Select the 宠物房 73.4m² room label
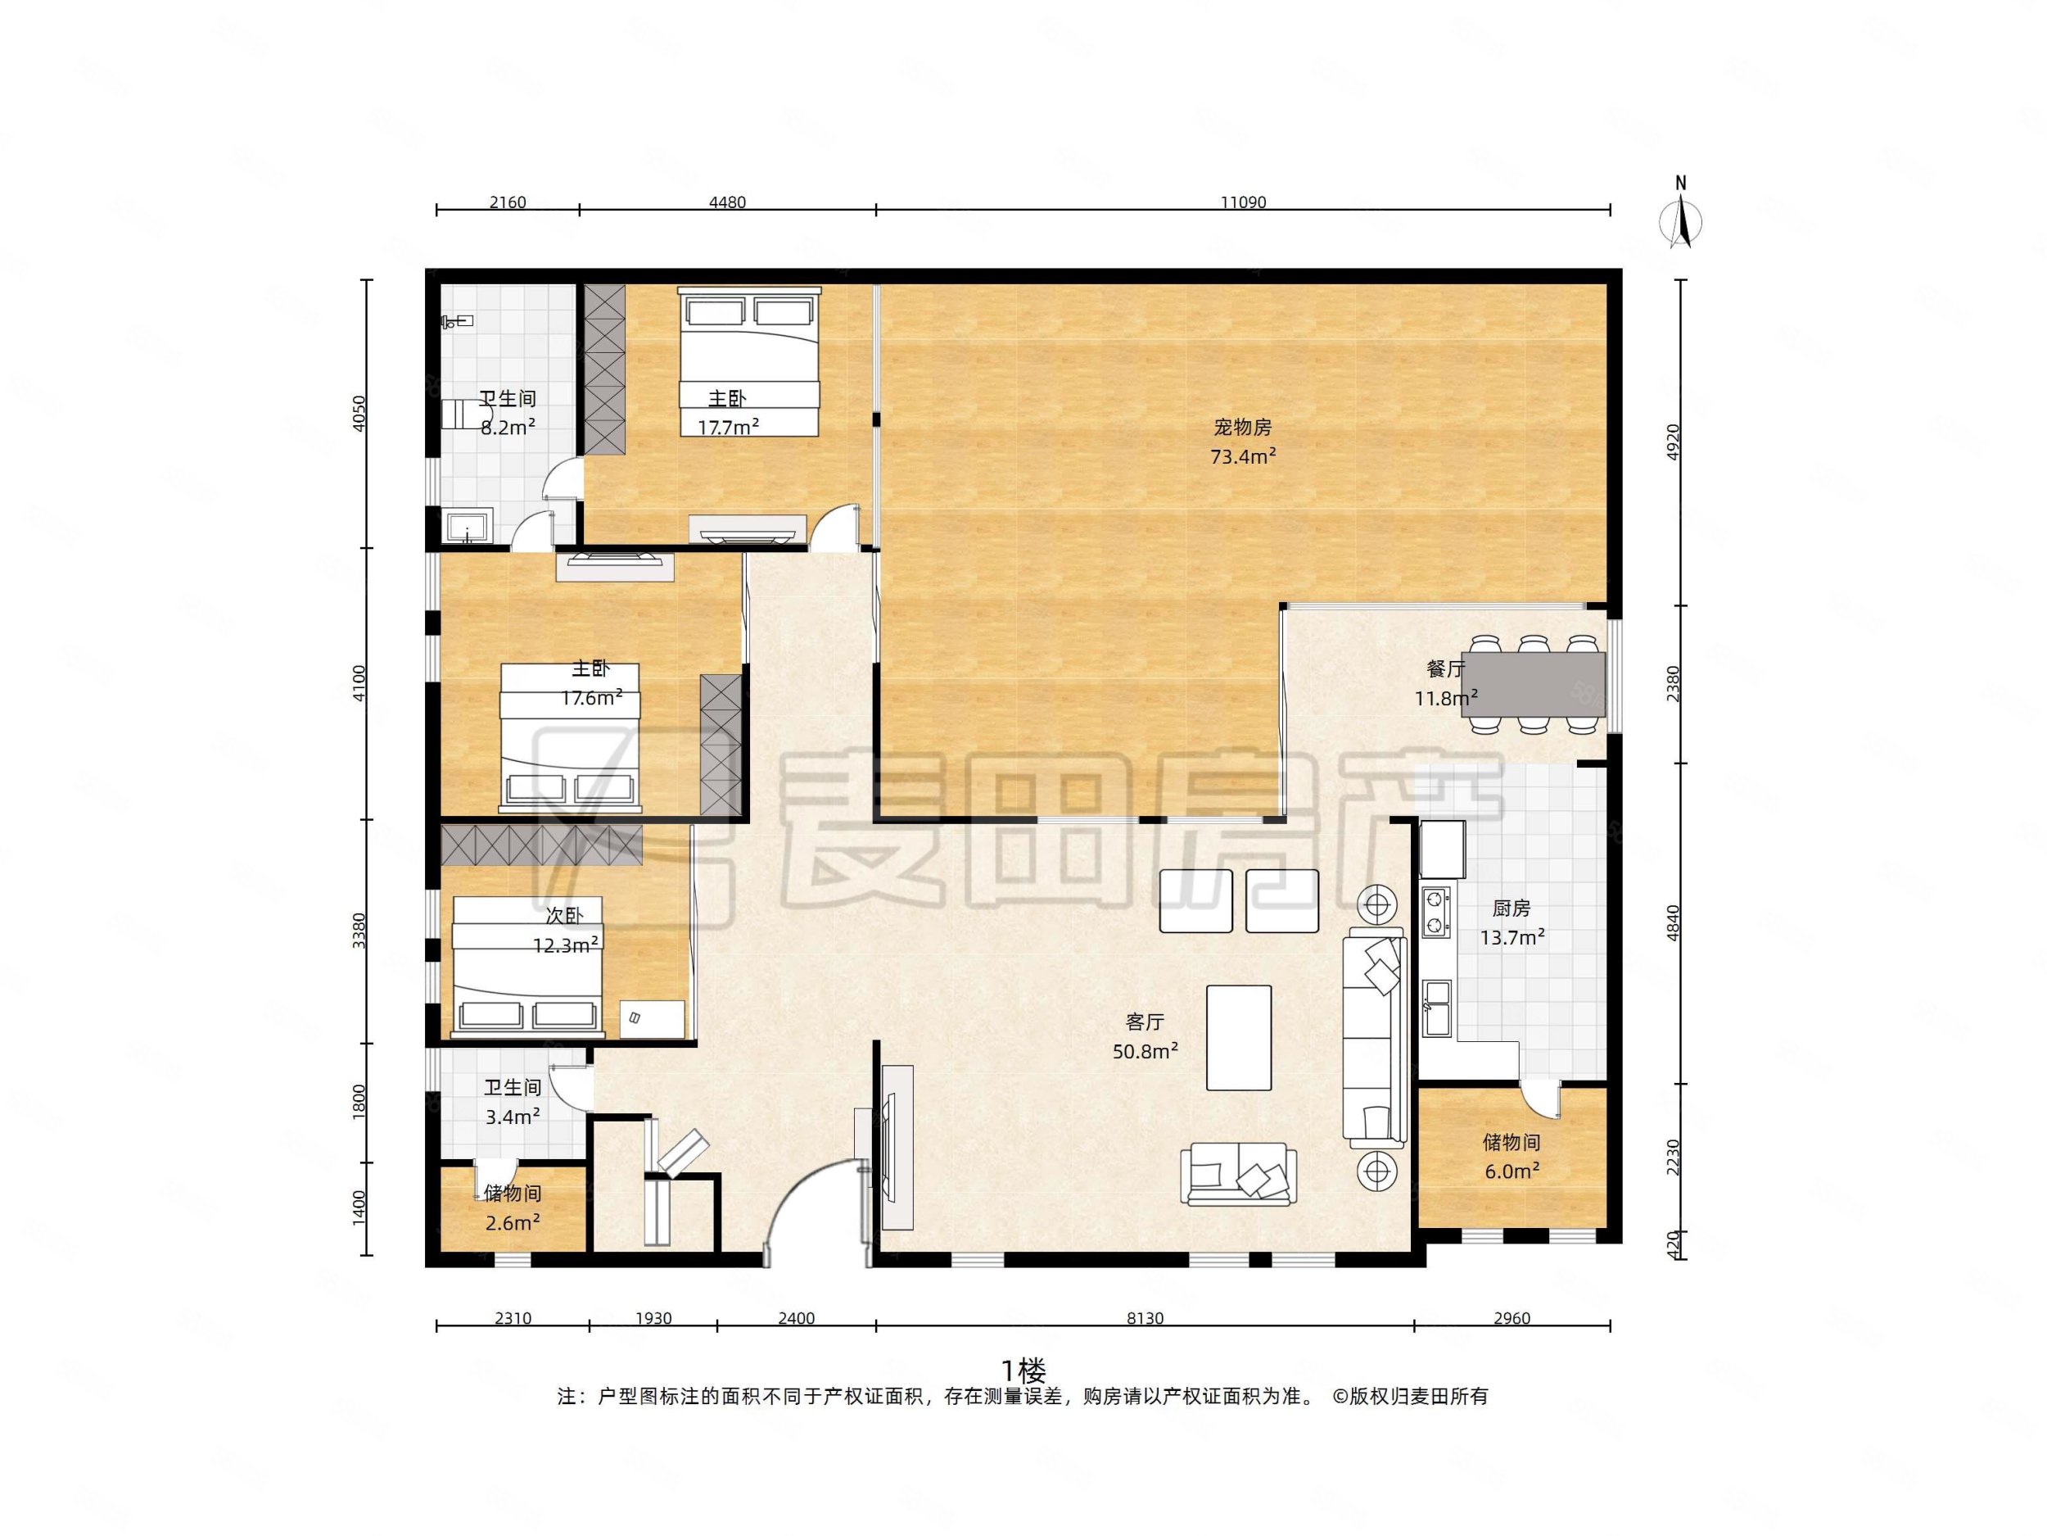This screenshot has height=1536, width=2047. [x=1243, y=442]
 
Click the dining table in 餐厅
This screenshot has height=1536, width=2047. [x=1534, y=683]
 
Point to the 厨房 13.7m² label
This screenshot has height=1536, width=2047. [x=1512, y=923]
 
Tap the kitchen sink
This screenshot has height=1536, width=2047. [x=1437, y=1008]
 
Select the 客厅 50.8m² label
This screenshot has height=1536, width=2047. [x=1145, y=1037]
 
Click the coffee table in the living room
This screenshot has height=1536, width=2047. [x=1238, y=1037]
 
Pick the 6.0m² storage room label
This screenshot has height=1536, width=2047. [x=1512, y=1158]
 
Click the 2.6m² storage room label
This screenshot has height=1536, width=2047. [x=512, y=1208]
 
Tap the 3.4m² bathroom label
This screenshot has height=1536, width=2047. [x=512, y=1102]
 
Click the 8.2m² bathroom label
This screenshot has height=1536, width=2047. [x=507, y=413]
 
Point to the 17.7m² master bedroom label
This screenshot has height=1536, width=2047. [x=727, y=413]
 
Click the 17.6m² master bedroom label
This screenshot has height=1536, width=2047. [x=590, y=683]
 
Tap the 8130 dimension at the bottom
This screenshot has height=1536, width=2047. [x=1145, y=1318]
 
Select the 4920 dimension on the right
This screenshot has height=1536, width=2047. [x=1671, y=442]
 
